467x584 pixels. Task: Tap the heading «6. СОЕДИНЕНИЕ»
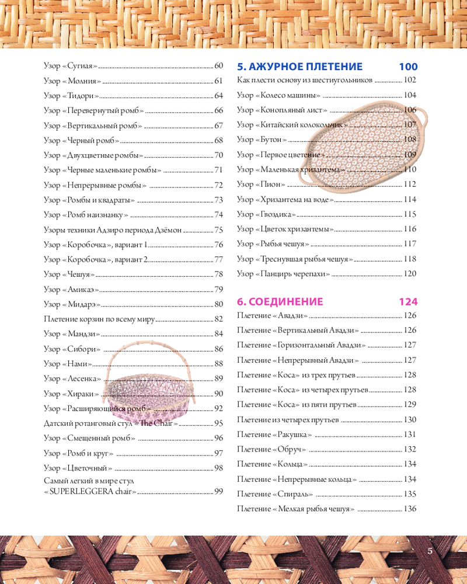280,302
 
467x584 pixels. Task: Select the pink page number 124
408,302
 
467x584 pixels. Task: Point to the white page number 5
430,551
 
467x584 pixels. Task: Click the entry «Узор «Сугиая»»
71,66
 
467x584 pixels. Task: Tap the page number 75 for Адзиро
219,230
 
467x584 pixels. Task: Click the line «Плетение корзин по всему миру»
100,319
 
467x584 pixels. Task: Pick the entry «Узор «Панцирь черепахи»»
284,273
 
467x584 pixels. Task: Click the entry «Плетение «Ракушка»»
274,434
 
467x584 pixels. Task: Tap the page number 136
410,509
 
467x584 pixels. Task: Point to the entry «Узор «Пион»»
261,184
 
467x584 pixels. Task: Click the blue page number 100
408,67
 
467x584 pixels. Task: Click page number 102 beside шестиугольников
410,80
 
